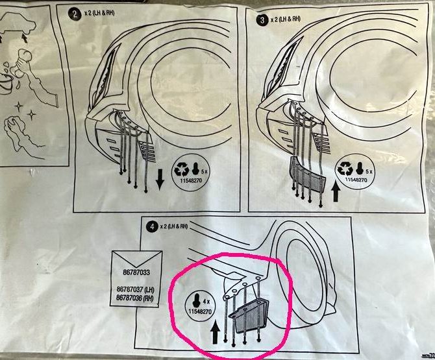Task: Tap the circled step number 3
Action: tap(262, 19)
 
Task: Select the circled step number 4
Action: tap(151, 227)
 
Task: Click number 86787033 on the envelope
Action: tap(127, 265)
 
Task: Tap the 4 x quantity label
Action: tap(206, 301)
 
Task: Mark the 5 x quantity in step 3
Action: tap(369, 169)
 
